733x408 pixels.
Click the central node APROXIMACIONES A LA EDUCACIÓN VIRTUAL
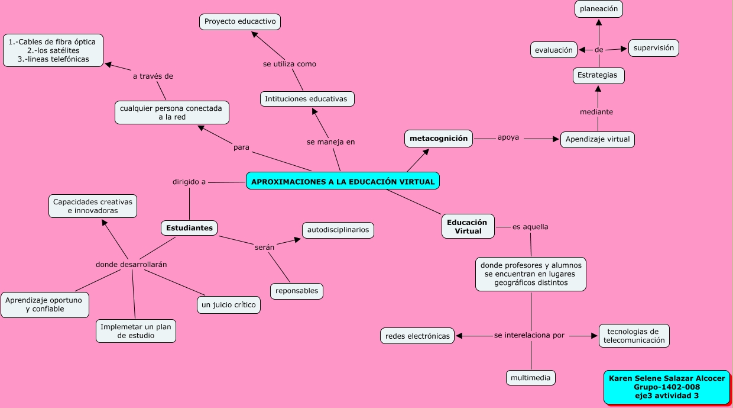click(343, 181)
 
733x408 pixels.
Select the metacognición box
click(439, 139)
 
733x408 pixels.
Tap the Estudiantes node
click(189, 228)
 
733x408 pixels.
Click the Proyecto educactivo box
click(240, 22)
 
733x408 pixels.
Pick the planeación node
click(599, 9)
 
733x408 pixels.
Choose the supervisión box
click(653, 48)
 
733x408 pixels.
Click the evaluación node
click(554, 50)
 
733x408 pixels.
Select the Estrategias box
click(598, 76)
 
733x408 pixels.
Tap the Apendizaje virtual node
click(597, 140)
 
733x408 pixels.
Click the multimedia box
click(531, 378)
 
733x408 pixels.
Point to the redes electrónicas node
click(417, 336)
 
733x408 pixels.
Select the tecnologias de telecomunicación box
click(634, 336)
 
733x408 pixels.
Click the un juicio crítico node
click(228, 305)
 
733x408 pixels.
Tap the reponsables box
click(297, 291)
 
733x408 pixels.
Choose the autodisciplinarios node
click(338, 229)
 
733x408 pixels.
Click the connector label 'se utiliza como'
click(290, 64)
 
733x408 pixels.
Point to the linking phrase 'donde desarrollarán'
click(131, 264)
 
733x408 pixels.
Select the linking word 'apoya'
click(508, 137)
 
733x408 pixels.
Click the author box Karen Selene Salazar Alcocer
click(666, 387)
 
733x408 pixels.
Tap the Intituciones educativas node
click(307, 99)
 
